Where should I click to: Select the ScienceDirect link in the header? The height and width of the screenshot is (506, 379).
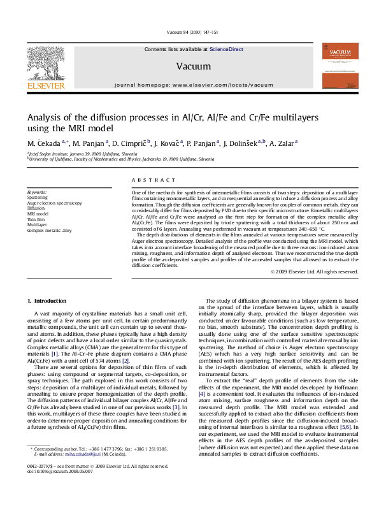(227, 49)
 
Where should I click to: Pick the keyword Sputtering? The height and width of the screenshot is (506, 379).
(38, 198)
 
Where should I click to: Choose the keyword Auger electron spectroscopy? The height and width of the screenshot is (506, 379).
(54, 203)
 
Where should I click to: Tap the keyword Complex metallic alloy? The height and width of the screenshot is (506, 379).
(50, 230)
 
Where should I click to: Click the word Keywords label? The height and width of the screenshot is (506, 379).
(37, 192)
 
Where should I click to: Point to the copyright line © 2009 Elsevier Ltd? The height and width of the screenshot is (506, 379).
(314, 271)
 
